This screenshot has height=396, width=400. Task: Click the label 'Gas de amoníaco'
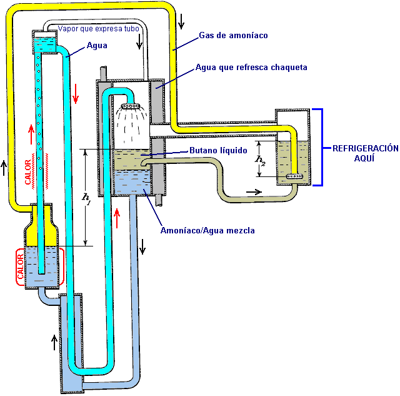(x=232, y=36)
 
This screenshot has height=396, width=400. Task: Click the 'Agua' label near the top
(x=97, y=45)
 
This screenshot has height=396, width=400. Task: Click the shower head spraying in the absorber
(x=130, y=107)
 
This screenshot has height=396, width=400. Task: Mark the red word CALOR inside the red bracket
(x=20, y=267)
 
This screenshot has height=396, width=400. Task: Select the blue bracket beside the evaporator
(x=321, y=147)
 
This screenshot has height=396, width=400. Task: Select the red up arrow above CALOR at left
(x=30, y=133)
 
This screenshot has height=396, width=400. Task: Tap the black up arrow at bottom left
(x=54, y=341)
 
